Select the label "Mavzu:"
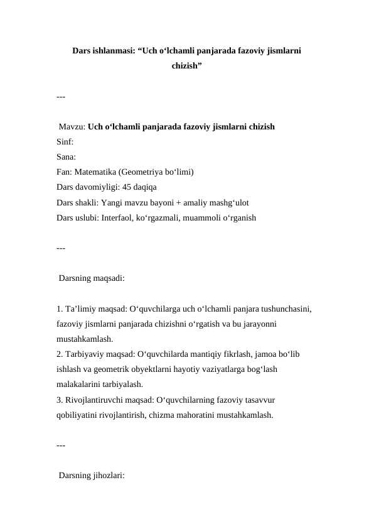click(72, 126)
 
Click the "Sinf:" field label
click(65, 141)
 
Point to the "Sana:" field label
click(66, 156)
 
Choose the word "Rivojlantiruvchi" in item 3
click(93, 400)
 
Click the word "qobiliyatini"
click(78, 415)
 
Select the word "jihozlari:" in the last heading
click(108, 476)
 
